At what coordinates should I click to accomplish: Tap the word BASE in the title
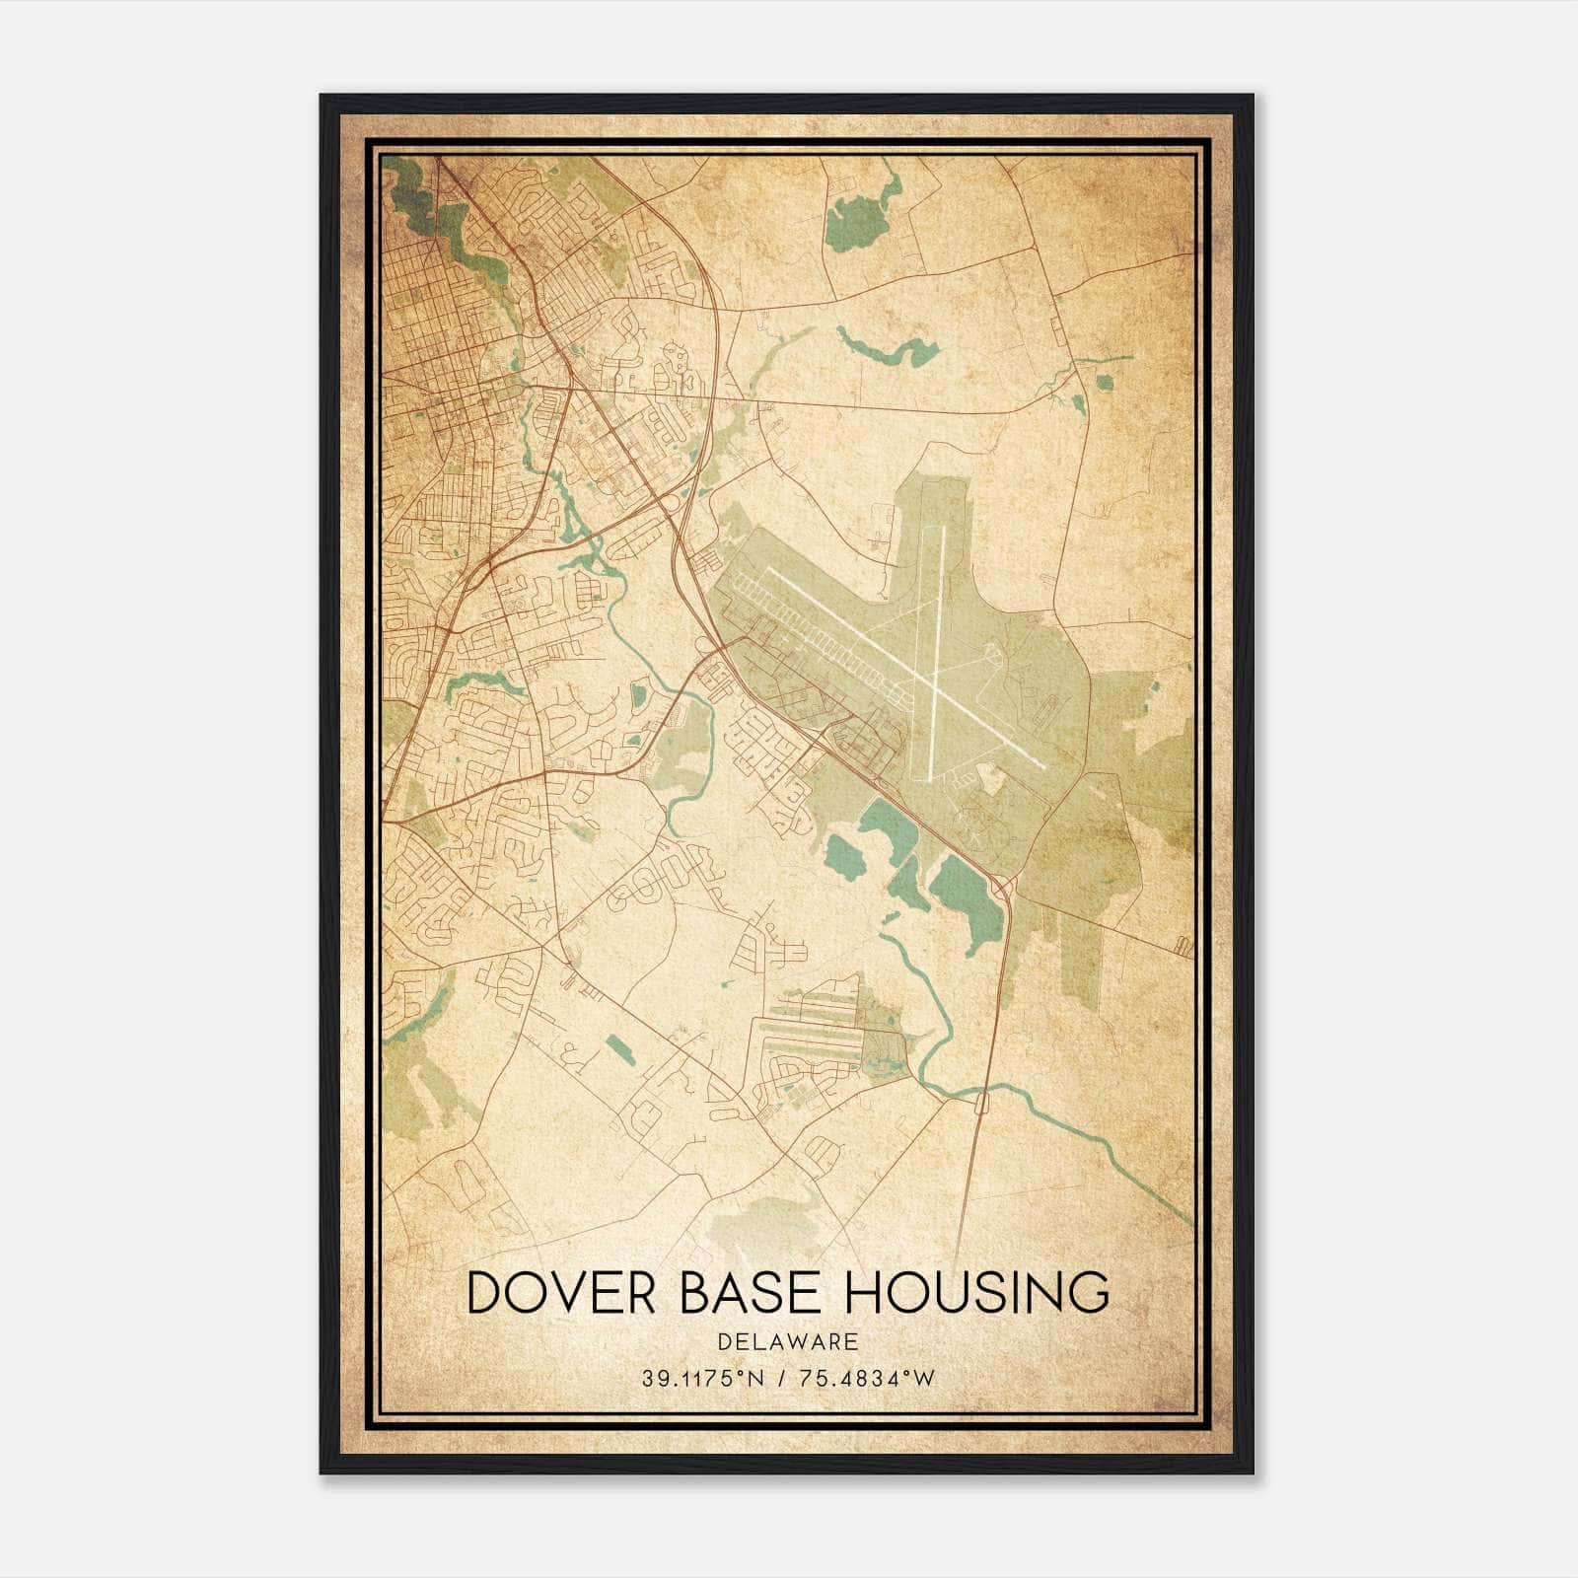click(752, 1292)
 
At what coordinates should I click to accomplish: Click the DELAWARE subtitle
click(788, 1341)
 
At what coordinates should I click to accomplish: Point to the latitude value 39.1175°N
click(703, 1379)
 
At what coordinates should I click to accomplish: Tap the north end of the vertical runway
click(944, 527)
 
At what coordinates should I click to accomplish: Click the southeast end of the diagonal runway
click(1045, 766)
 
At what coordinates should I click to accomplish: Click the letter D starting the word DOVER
click(484, 1292)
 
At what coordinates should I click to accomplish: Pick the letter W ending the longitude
click(924, 1379)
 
